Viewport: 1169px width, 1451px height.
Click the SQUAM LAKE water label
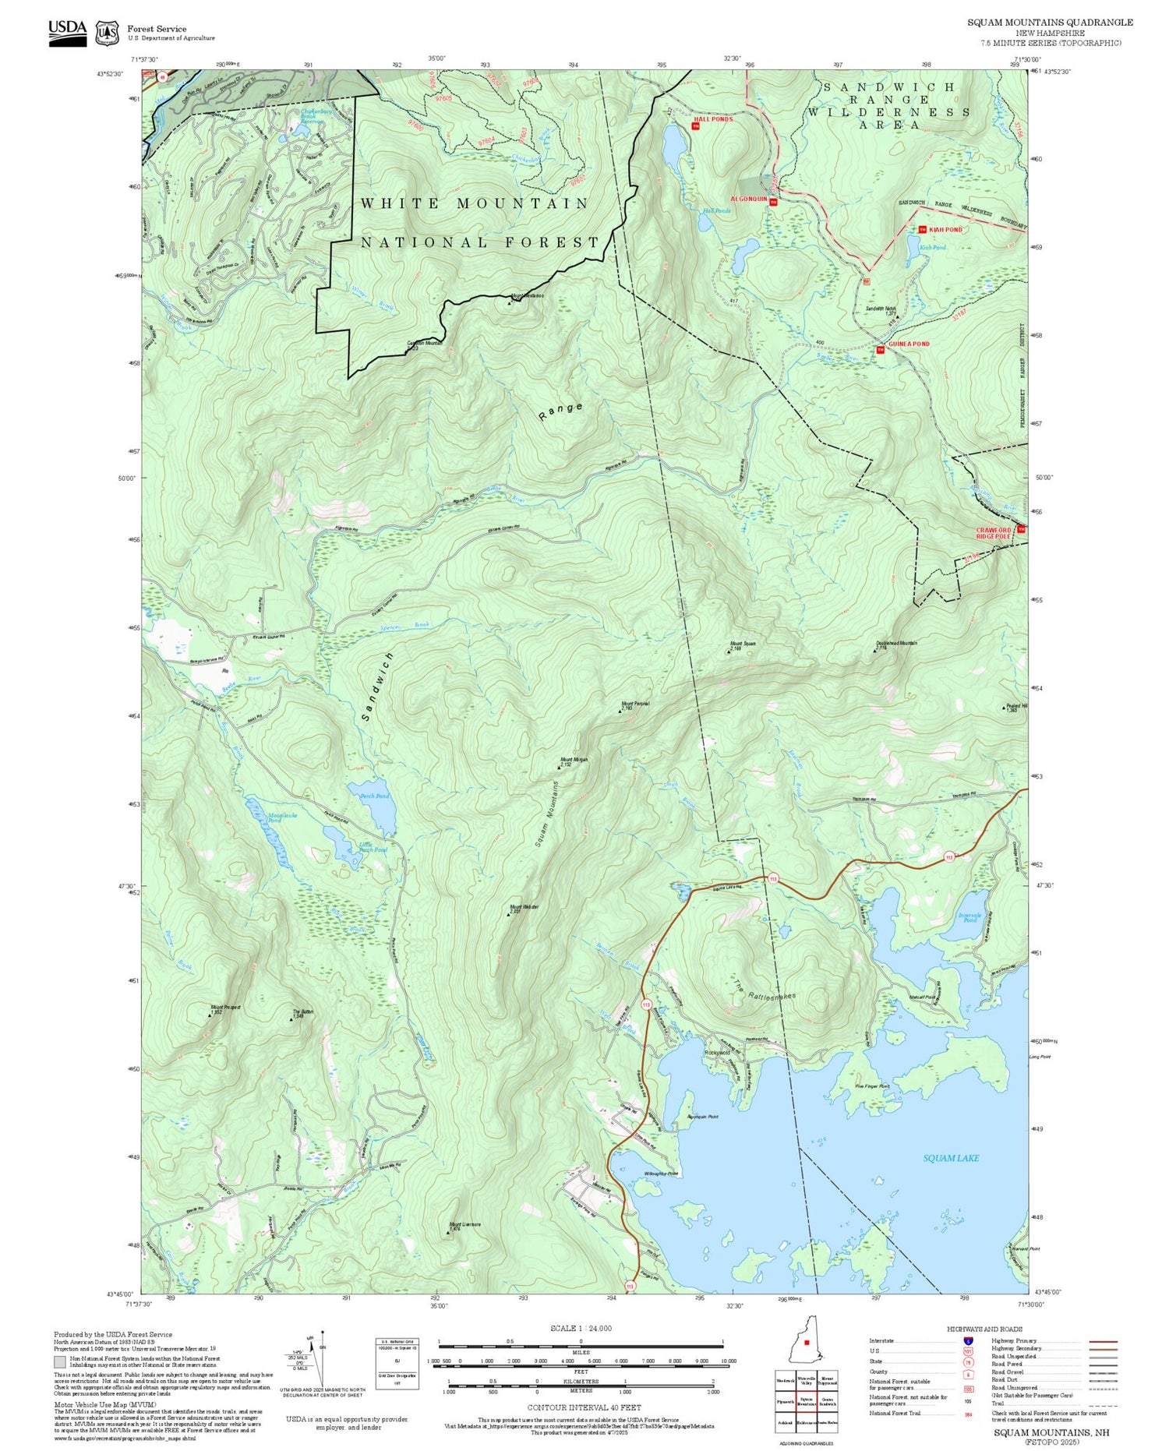[x=950, y=1158]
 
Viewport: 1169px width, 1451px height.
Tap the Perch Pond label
[x=373, y=796]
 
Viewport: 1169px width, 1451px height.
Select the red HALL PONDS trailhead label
[x=713, y=119]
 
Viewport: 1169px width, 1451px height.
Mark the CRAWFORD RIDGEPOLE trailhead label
[x=994, y=533]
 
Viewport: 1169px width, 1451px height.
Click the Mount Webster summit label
[x=524, y=907]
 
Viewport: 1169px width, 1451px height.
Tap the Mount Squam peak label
[x=742, y=644]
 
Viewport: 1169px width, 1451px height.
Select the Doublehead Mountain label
[x=896, y=644]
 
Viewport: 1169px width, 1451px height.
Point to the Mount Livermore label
[x=464, y=1225]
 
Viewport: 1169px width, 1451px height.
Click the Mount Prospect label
[x=225, y=1008]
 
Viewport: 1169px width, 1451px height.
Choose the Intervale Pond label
[x=969, y=917]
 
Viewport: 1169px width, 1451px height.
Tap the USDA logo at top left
[x=68, y=32]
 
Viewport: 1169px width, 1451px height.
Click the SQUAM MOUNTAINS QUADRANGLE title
[x=1050, y=23]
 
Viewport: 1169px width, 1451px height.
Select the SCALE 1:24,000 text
[x=581, y=1328]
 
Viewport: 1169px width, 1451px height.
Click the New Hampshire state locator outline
[x=805, y=1342]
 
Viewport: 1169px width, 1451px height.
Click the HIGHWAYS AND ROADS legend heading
[x=984, y=1329]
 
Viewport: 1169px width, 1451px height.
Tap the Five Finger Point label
[x=871, y=1086]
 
